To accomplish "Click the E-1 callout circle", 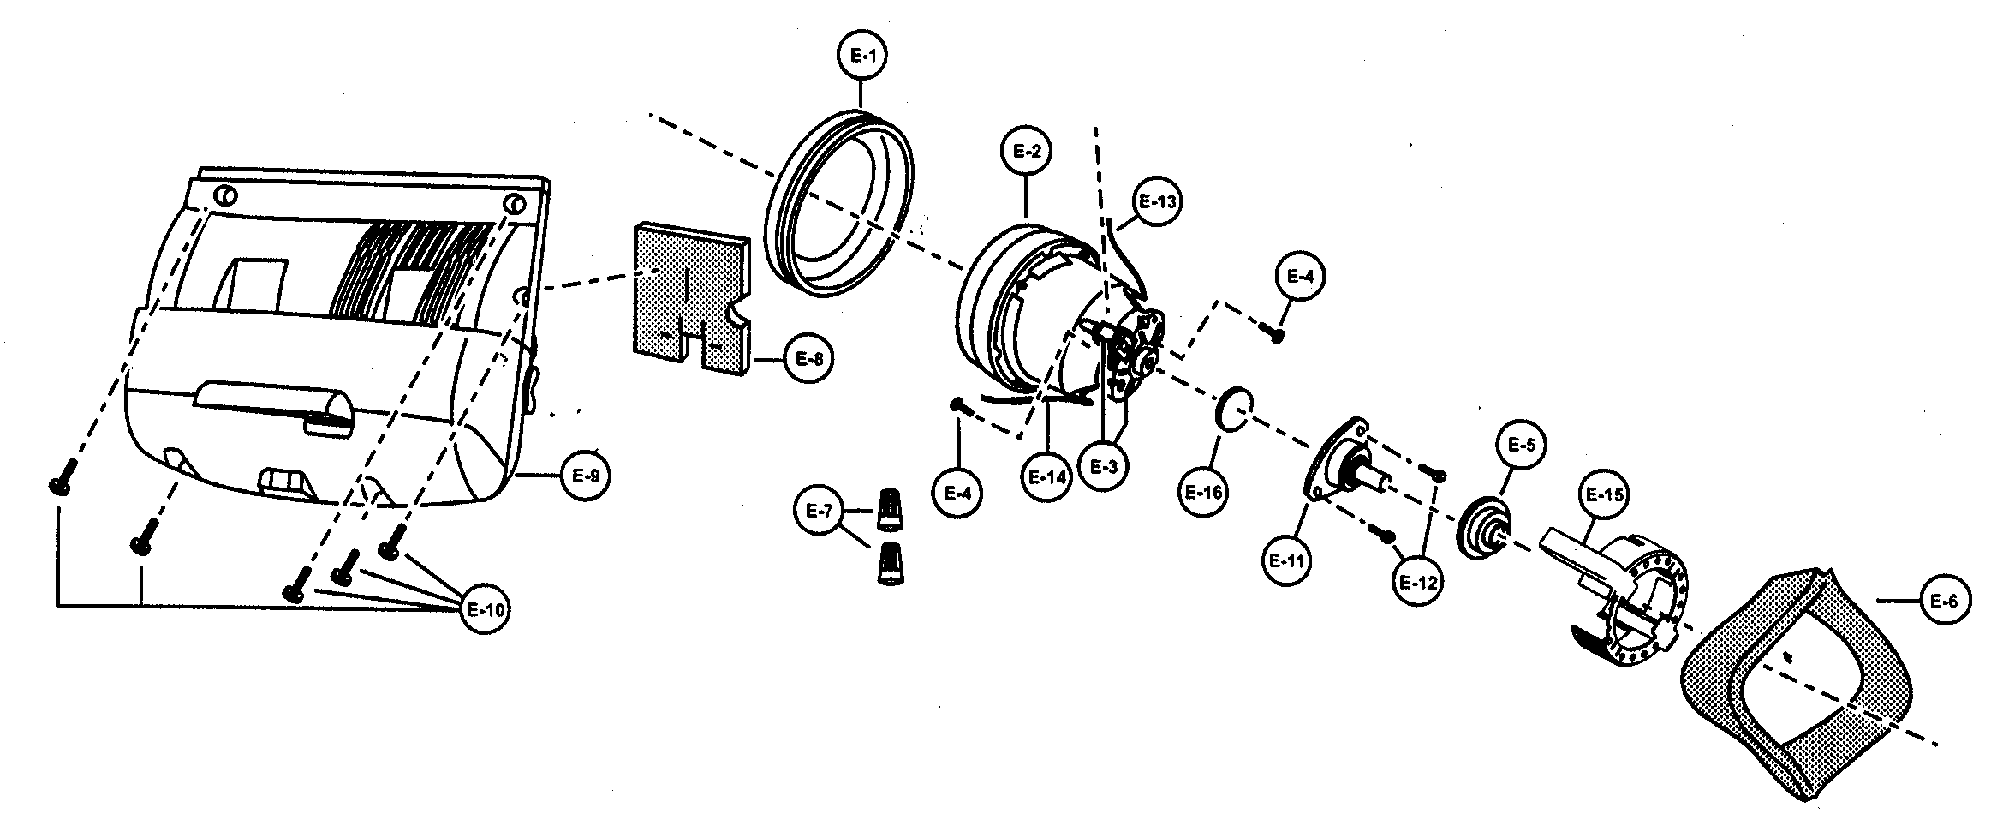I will (x=861, y=56).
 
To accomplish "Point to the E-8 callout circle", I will (x=808, y=359).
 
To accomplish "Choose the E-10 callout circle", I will (x=486, y=610).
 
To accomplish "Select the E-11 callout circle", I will (x=1286, y=561).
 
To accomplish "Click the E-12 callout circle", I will (x=1417, y=582).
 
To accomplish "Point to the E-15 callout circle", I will (x=1603, y=495).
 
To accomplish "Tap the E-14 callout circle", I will (x=1046, y=477).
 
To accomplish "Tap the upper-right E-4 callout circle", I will (x=1299, y=276).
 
